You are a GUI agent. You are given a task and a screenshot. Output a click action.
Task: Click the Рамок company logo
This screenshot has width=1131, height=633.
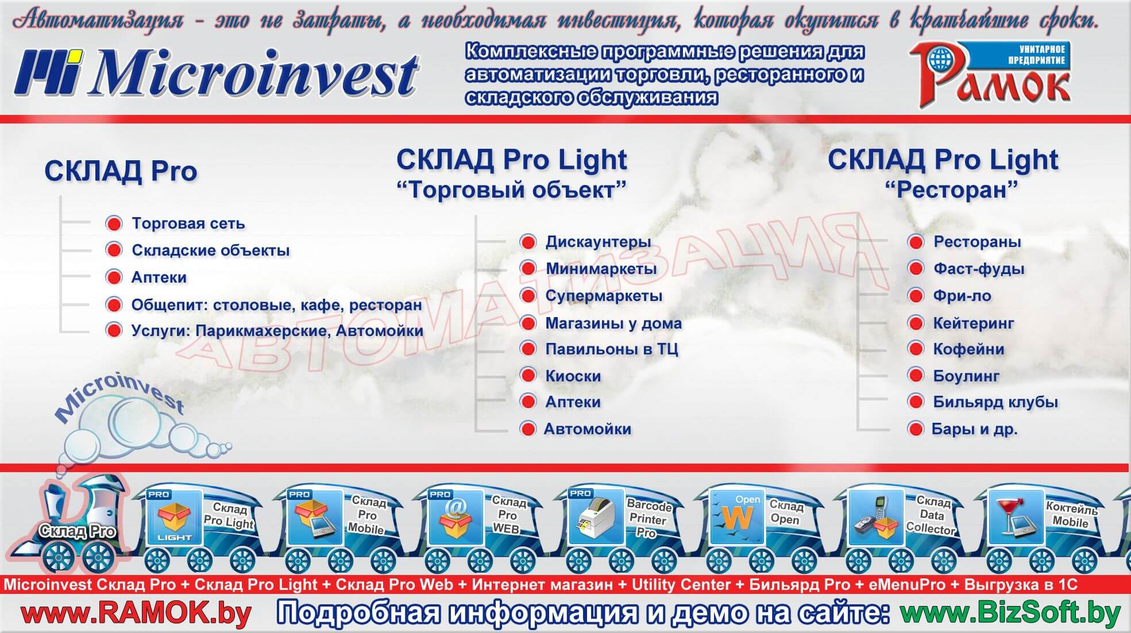(989, 74)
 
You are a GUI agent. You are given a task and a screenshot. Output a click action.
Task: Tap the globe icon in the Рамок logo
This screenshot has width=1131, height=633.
(940, 59)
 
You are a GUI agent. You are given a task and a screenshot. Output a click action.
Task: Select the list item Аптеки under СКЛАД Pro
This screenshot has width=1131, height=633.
(159, 277)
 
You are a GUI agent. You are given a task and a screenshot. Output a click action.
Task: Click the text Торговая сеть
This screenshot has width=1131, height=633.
(188, 223)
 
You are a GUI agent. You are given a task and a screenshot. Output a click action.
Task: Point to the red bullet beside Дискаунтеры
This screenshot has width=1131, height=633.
(527, 242)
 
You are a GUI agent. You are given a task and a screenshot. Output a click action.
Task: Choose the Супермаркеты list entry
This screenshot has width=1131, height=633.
(604, 296)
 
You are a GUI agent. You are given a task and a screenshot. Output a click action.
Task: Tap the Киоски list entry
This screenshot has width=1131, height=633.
(573, 376)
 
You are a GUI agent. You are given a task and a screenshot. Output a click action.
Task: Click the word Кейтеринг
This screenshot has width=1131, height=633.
(973, 323)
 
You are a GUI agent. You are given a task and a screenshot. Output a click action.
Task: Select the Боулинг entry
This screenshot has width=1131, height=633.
(966, 376)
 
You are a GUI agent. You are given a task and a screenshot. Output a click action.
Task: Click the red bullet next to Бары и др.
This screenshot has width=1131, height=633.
(915, 429)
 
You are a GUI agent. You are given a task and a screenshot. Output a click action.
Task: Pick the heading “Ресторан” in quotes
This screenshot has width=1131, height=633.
(951, 189)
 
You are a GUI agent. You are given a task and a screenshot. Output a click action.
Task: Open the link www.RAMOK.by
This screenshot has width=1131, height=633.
(136, 613)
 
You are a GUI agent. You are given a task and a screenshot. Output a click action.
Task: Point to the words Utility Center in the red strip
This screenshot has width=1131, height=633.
(681, 585)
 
